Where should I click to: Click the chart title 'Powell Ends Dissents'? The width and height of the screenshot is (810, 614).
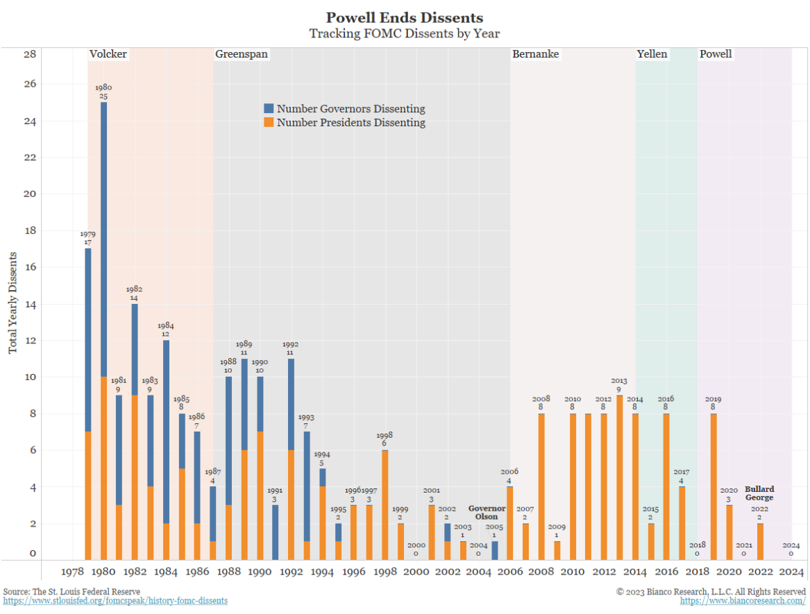[x=404, y=18]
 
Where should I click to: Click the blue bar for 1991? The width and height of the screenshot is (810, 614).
[x=276, y=532]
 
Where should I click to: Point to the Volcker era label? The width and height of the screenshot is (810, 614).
[x=108, y=54]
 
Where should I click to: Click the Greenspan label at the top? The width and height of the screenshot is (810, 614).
[x=242, y=54]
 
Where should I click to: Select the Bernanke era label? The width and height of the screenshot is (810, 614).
[x=535, y=54]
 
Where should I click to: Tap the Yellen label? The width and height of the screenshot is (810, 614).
[x=652, y=54]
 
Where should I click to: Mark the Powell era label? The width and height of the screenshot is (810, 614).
[x=716, y=54]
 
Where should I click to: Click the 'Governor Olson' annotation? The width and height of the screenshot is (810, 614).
[x=487, y=513]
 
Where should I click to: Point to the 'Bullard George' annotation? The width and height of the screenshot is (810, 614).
[x=759, y=493]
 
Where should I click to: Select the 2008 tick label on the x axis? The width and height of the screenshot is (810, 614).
[x=541, y=572]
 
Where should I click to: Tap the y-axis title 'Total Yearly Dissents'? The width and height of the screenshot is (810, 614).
[x=13, y=304]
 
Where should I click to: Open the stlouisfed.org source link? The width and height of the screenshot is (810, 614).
[x=115, y=601]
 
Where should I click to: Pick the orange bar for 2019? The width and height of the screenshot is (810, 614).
[x=714, y=486]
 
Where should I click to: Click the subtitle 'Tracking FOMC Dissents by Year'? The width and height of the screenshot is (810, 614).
[x=404, y=33]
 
